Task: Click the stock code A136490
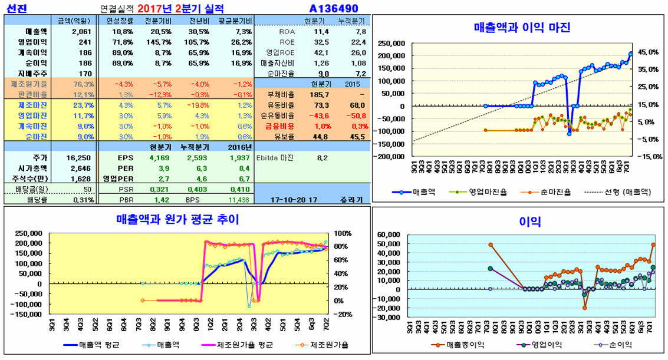pyautogui.click(x=334, y=8)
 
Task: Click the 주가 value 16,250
pyautogui.click(x=80, y=158)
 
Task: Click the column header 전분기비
pyautogui.click(x=157, y=21)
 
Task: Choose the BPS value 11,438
pyautogui.click(x=241, y=200)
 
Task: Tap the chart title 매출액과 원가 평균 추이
pyautogui.click(x=177, y=220)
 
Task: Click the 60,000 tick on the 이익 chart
pyautogui.click(x=391, y=235)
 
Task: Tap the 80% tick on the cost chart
pyautogui.click(x=341, y=246)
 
